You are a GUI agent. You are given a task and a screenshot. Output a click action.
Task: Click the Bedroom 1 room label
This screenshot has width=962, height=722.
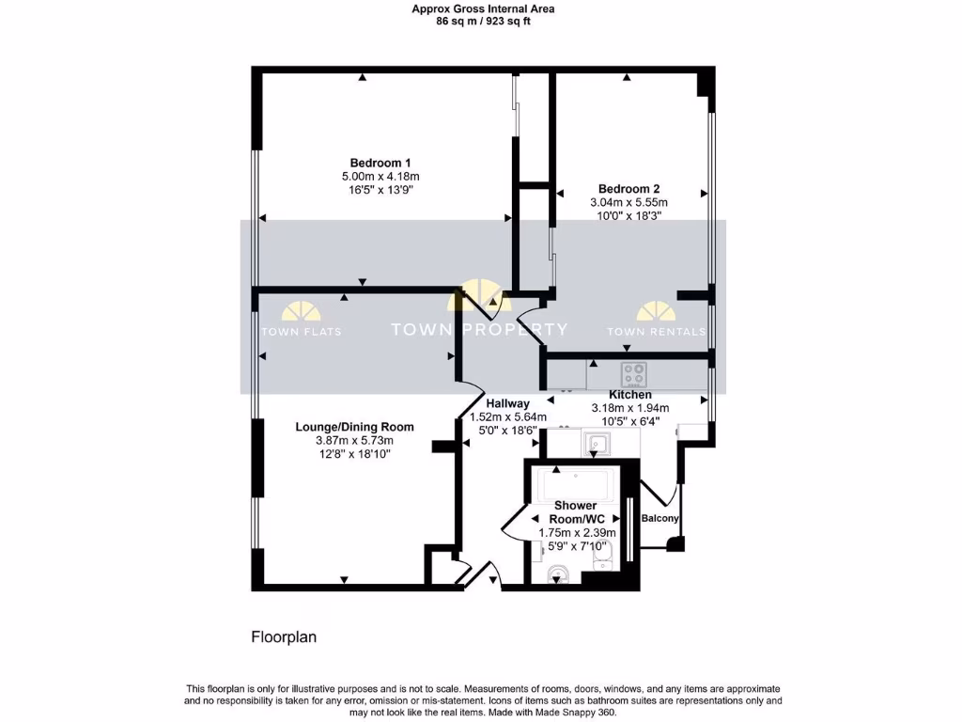pyautogui.click(x=380, y=162)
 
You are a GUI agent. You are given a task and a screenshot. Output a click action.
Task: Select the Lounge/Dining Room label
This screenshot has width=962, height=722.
pyautogui.click(x=354, y=427)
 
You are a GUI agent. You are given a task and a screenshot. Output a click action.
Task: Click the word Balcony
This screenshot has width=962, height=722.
pyautogui.click(x=659, y=519)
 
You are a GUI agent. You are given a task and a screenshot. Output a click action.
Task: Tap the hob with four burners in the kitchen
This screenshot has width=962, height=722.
pyautogui.click(x=632, y=373)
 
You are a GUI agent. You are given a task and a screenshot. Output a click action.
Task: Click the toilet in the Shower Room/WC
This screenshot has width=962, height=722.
pyautogui.click(x=557, y=572)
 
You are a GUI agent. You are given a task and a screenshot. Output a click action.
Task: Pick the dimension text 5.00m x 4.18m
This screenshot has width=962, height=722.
pyautogui.click(x=380, y=176)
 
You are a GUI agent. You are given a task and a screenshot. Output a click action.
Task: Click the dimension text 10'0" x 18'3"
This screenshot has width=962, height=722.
pyautogui.click(x=628, y=215)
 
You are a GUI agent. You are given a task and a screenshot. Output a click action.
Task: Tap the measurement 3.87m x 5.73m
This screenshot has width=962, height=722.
pyautogui.click(x=354, y=440)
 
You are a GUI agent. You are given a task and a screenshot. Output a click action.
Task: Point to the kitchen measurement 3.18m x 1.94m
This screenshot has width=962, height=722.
pyautogui.click(x=629, y=408)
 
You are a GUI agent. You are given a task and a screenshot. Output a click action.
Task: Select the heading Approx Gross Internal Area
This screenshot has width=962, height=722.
pyautogui.click(x=483, y=8)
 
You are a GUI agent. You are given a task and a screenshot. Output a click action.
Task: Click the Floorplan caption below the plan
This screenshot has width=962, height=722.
pyautogui.click(x=284, y=637)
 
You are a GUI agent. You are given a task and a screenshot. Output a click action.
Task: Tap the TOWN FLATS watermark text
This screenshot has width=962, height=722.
pyautogui.click(x=302, y=332)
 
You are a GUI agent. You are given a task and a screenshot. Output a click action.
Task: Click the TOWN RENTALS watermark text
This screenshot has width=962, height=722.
pyautogui.click(x=656, y=332)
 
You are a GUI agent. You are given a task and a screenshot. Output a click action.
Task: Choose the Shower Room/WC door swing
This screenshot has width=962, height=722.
pyautogui.click(x=515, y=521)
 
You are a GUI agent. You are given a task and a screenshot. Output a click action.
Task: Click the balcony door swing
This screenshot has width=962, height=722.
pyautogui.click(x=660, y=491)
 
